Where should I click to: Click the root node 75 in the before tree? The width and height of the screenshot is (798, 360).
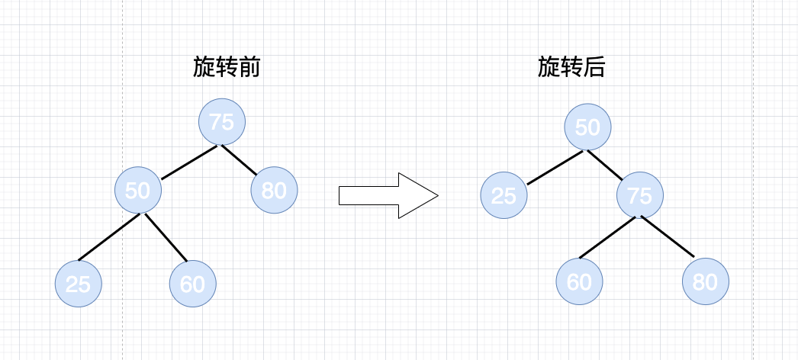(x=221, y=122)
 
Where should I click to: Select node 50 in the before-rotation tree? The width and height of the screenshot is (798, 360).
(x=138, y=190)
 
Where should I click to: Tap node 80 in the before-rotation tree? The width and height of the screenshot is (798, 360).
(x=274, y=190)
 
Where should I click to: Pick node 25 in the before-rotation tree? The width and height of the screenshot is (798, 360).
(x=78, y=284)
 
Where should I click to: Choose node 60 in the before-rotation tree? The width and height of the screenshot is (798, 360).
(x=192, y=284)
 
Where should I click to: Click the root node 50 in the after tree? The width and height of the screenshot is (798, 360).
(x=587, y=127)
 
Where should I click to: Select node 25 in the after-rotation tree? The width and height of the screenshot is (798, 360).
(x=504, y=195)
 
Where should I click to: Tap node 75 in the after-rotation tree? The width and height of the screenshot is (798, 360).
(x=640, y=195)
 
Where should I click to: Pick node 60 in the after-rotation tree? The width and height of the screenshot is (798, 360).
(x=579, y=281)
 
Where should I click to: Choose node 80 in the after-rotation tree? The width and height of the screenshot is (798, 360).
(x=706, y=281)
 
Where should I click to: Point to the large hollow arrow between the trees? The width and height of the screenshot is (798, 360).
(x=388, y=196)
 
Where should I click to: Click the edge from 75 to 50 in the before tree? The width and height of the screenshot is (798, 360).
(x=189, y=162)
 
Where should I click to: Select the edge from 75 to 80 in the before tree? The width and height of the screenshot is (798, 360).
(x=239, y=159)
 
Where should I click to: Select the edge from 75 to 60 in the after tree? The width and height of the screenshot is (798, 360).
(x=607, y=237)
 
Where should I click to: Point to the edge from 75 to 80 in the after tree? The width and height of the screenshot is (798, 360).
(x=668, y=237)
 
